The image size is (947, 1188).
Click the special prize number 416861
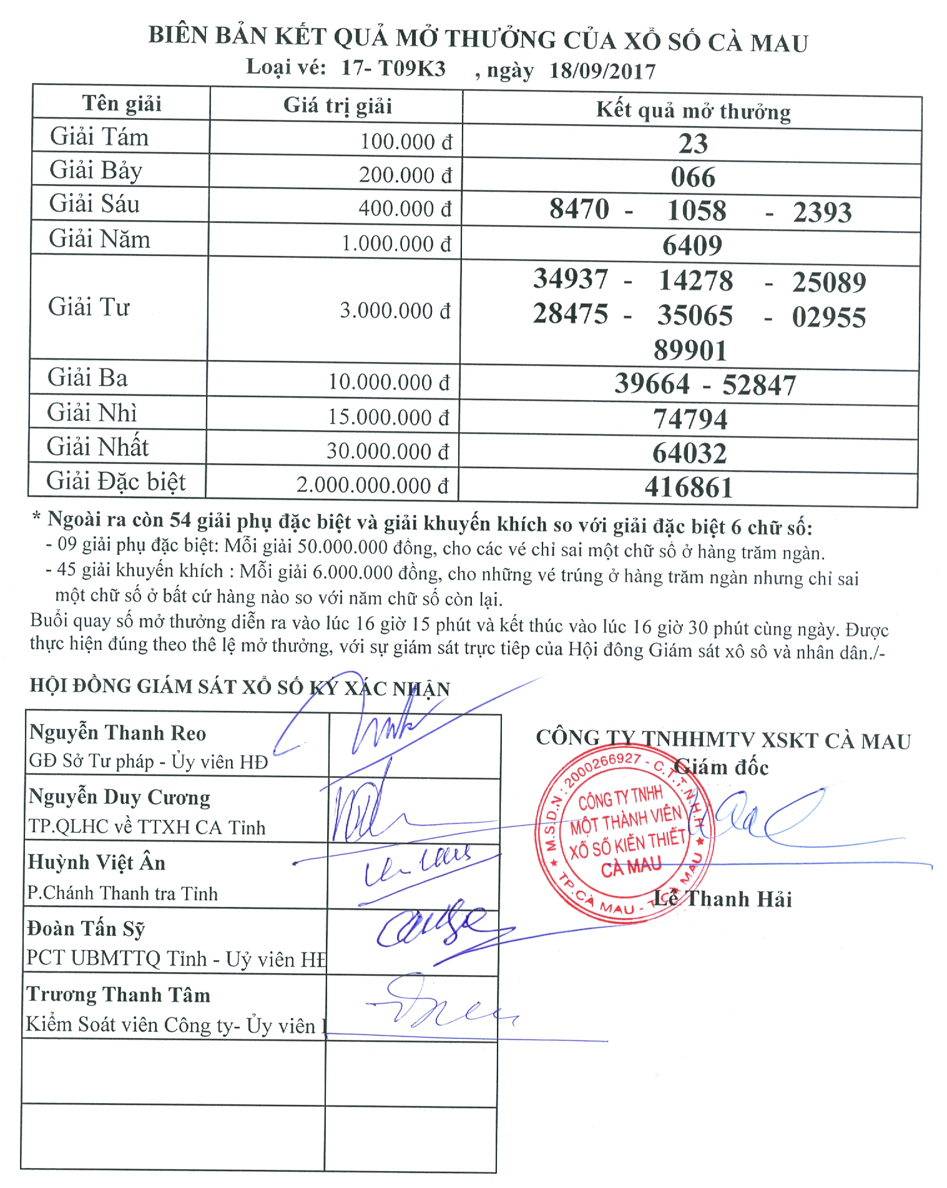689,488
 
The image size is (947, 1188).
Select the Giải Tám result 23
693,144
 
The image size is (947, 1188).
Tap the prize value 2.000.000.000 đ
372,485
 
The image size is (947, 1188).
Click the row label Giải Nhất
97,447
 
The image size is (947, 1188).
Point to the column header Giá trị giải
337,106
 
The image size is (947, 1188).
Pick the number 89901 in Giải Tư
690,350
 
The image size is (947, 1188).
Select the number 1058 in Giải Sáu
697,211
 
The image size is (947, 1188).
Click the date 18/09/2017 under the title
602,71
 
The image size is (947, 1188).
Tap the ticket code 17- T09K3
393,67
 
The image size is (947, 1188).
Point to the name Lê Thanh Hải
723,899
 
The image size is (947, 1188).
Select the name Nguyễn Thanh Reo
117,732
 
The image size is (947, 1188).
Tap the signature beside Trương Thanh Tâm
437,1005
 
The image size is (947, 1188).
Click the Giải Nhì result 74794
690,419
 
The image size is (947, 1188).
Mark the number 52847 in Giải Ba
759,385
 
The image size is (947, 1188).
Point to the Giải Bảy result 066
693,177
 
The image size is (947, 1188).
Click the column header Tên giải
122,103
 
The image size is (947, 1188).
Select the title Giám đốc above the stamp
721,767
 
